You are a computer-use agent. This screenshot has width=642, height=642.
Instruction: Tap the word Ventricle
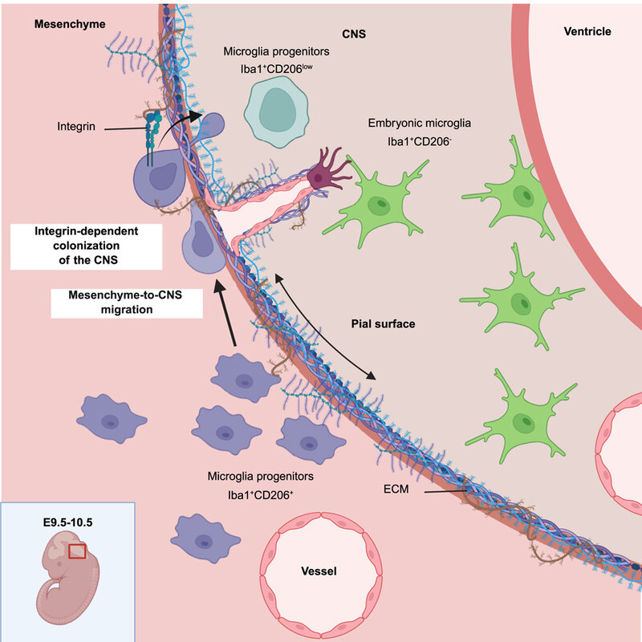click(587, 32)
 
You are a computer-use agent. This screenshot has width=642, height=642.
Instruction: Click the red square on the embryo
click(77, 552)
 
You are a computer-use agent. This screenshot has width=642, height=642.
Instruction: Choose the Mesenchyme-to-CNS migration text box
click(127, 303)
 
